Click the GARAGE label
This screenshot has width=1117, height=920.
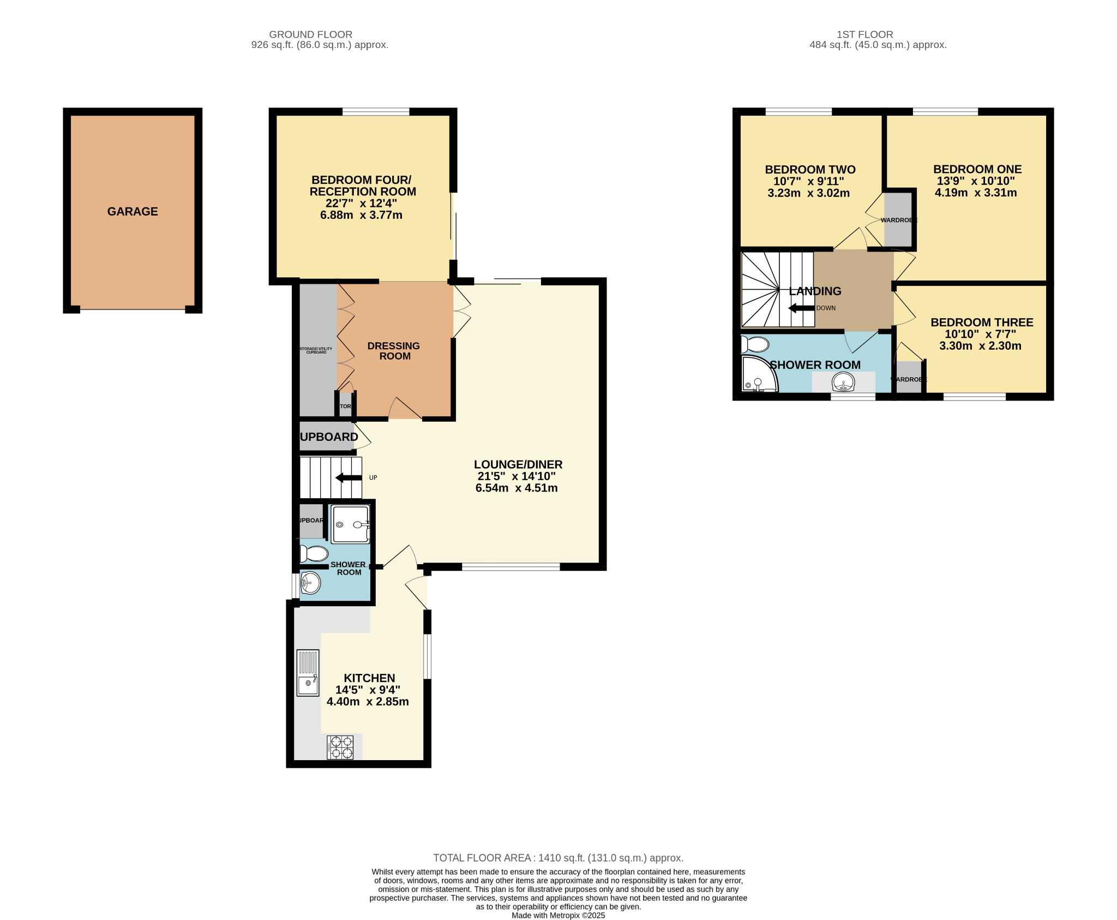coord(133,212)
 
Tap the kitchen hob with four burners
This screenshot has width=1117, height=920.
coord(340,747)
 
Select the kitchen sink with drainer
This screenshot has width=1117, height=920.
coord(308,673)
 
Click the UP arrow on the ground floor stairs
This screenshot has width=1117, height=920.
coord(349,478)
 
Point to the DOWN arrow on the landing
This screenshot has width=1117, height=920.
coord(801,308)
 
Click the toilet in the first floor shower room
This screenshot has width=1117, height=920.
coord(755,345)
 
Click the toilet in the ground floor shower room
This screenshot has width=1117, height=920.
coord(314,553)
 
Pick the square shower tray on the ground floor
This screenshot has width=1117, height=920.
coord(351,524)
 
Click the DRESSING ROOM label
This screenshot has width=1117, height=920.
coord(394,351)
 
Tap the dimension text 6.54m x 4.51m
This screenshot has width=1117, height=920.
coord(517,488)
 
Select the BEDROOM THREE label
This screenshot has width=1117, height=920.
coord(982,322)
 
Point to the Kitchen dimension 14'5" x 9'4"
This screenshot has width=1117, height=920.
coord(368,690)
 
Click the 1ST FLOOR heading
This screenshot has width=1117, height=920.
coord(864,34)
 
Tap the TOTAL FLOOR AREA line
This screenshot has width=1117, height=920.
coord(558,858)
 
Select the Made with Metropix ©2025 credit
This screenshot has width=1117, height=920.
coord(558,915)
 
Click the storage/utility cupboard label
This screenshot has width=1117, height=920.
coord(316,350)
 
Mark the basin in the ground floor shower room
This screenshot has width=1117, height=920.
coord(310,583)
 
